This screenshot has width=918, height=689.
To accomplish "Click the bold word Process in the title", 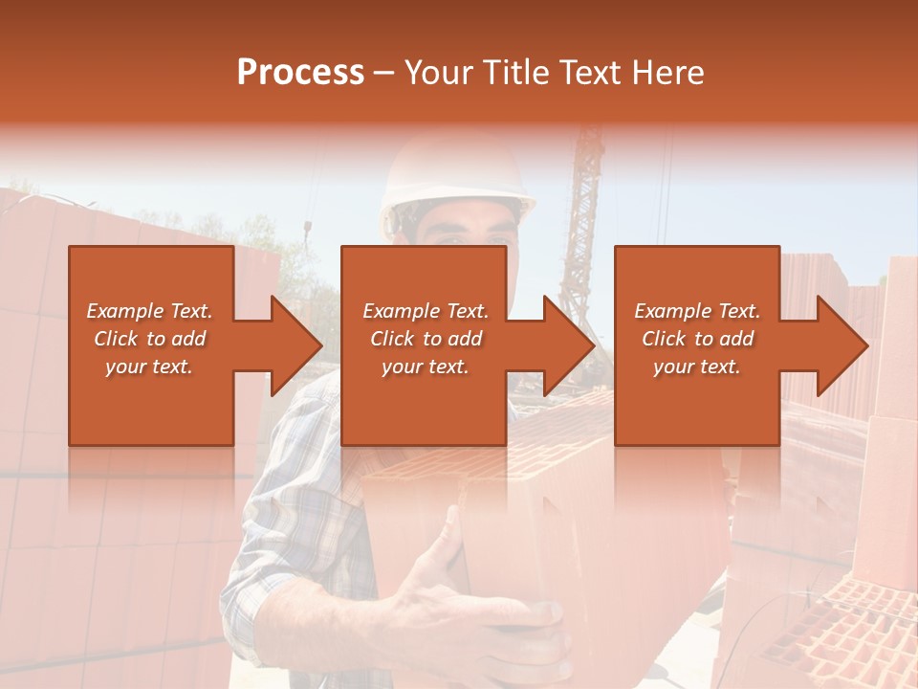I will (300, 73).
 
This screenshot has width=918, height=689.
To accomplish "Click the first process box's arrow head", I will (297, 345).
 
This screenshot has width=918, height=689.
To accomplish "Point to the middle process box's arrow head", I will (570, 345).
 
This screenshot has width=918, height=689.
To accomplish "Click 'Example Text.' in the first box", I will (149, 311).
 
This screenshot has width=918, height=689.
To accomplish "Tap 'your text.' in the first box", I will (149, 367).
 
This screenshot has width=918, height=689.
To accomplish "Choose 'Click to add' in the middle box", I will (426, 339).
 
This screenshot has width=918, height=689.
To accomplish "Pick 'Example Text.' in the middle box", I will (426, 311).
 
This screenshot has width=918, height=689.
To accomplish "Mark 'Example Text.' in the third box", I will (697, 311).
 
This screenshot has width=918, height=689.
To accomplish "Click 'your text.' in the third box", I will (697, 367).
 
